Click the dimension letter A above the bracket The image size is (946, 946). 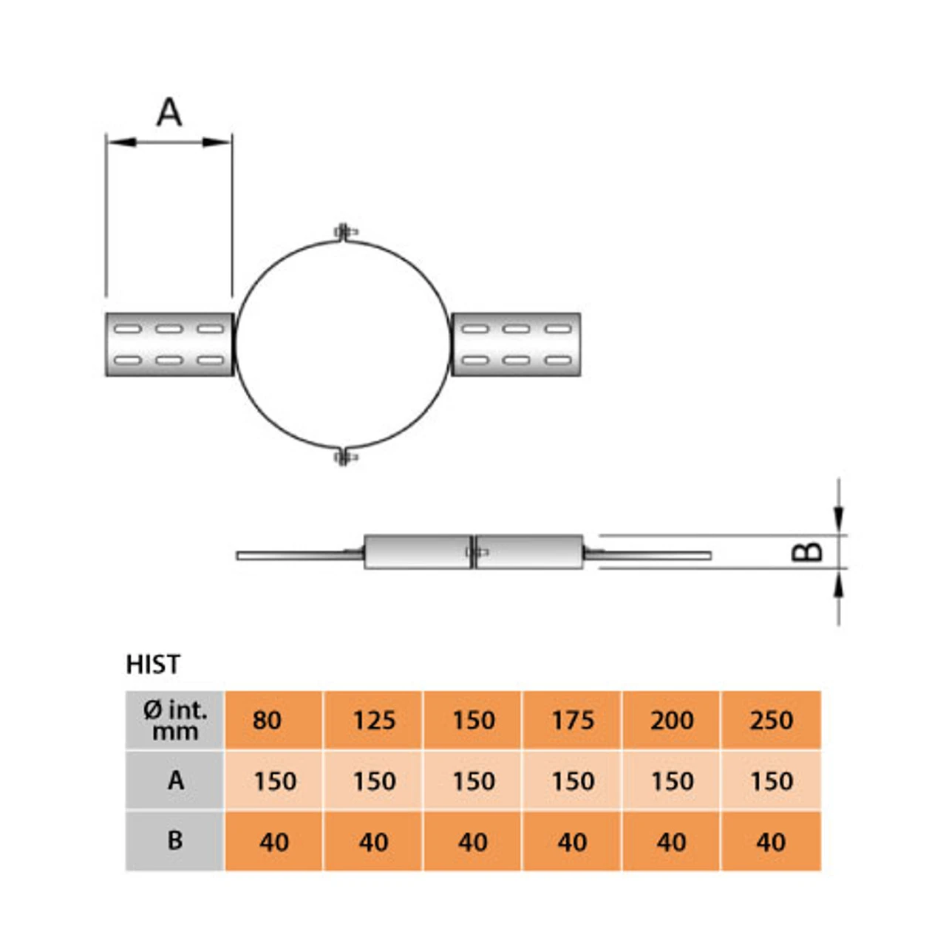pos(169,113)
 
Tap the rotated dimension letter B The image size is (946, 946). pos(807,551)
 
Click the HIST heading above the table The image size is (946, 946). pos(153,664)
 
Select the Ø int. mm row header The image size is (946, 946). pos(175,721)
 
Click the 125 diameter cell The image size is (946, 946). pos(374,721)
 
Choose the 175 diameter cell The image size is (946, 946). pos(573,721)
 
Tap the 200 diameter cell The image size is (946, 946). pos(672,721)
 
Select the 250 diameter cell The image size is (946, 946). pos(771,721)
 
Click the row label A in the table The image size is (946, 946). pos(175,780)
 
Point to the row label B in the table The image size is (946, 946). pos(175,841)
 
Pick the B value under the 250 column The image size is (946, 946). pos(771,842)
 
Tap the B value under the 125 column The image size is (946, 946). pos(374,842)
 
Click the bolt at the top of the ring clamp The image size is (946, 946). pos(344,233)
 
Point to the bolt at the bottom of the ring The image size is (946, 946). pos(344,457)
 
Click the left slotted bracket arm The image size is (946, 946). pos(169,344)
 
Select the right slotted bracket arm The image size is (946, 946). pos(516,344)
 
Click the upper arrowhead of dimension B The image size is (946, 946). pos(838,518)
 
